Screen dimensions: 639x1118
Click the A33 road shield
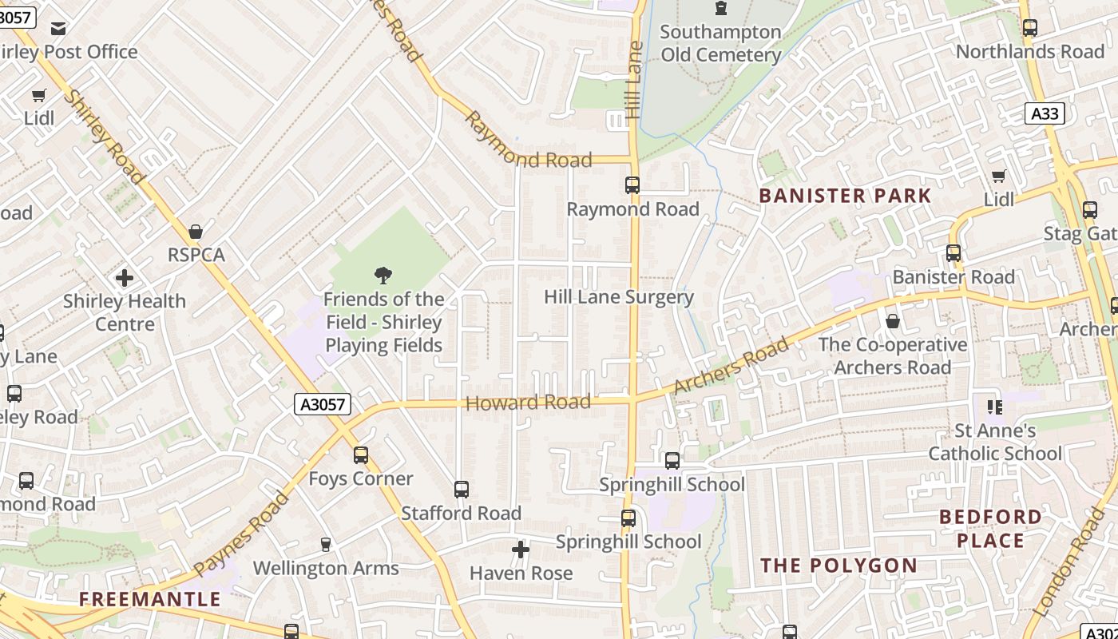click(x=1045, y=113)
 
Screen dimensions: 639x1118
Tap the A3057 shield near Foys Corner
click(x=323, y=404)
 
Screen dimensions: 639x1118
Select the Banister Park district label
click(x=845, y=196)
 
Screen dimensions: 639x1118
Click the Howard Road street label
click(x=528, y=403)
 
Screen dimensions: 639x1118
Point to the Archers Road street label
click(x=731, y=366)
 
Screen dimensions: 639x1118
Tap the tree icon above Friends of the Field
click(x=383, y=276)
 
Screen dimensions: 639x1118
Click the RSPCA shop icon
click(x=196, y=232)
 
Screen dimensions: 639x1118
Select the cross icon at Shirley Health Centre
click(x=125, y=278)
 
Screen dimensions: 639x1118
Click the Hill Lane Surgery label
click(x=619, y=297)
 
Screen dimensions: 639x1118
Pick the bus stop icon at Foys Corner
click(x=361, y=455)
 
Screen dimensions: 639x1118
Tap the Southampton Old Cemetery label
click(x=720, y=43)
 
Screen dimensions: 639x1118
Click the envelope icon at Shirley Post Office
click(x=58, y=29)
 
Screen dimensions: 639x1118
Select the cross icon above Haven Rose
click(x=521, y=550)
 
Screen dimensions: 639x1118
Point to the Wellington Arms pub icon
click(x=325, y=545)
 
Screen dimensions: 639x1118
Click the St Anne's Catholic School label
click(x=995, y=442)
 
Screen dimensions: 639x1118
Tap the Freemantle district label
click(x=149, y=599)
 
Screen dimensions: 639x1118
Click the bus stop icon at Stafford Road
click(x=461, y=490)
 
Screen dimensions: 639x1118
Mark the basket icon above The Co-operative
click(x=893, y=322)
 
